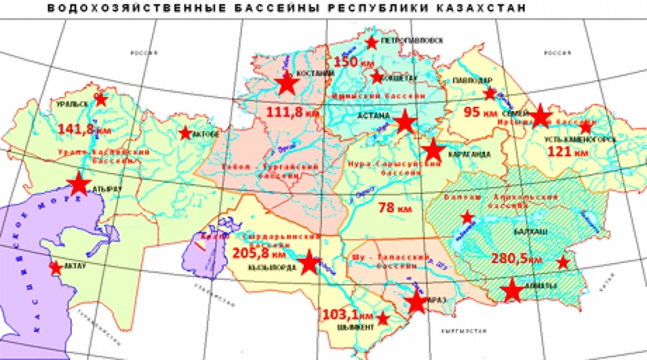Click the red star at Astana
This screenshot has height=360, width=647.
[x=405, y=122]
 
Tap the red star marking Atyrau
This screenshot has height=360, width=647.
[x=78, y=184]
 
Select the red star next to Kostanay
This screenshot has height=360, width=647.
[x=286, y=83]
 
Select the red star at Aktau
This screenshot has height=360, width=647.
[x=55, y=267]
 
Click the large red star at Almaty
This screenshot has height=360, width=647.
[x=512, y=290]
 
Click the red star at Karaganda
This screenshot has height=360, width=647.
[x=434, y=150]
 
